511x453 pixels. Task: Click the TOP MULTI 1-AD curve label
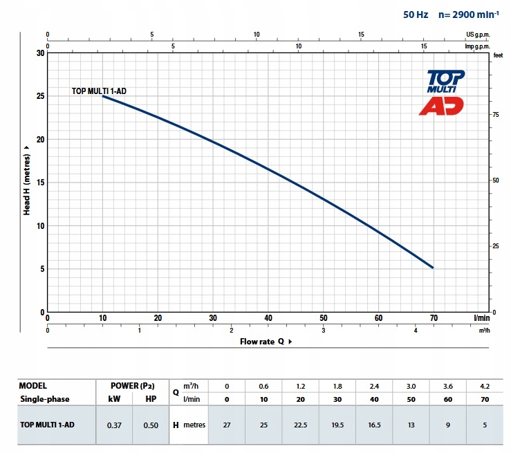coord(99,91)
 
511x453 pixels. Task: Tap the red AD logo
coord(441,106)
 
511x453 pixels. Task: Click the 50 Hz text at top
coord(416,14)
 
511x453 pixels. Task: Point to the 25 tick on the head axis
coord(40,96)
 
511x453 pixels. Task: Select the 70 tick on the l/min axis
coord(434,318)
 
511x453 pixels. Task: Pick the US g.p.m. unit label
coord(479,34)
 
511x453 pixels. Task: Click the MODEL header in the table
coord(34,386)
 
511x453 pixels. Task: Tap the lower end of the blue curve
coord(433,267)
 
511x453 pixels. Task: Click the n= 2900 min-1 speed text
coord(470,14)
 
